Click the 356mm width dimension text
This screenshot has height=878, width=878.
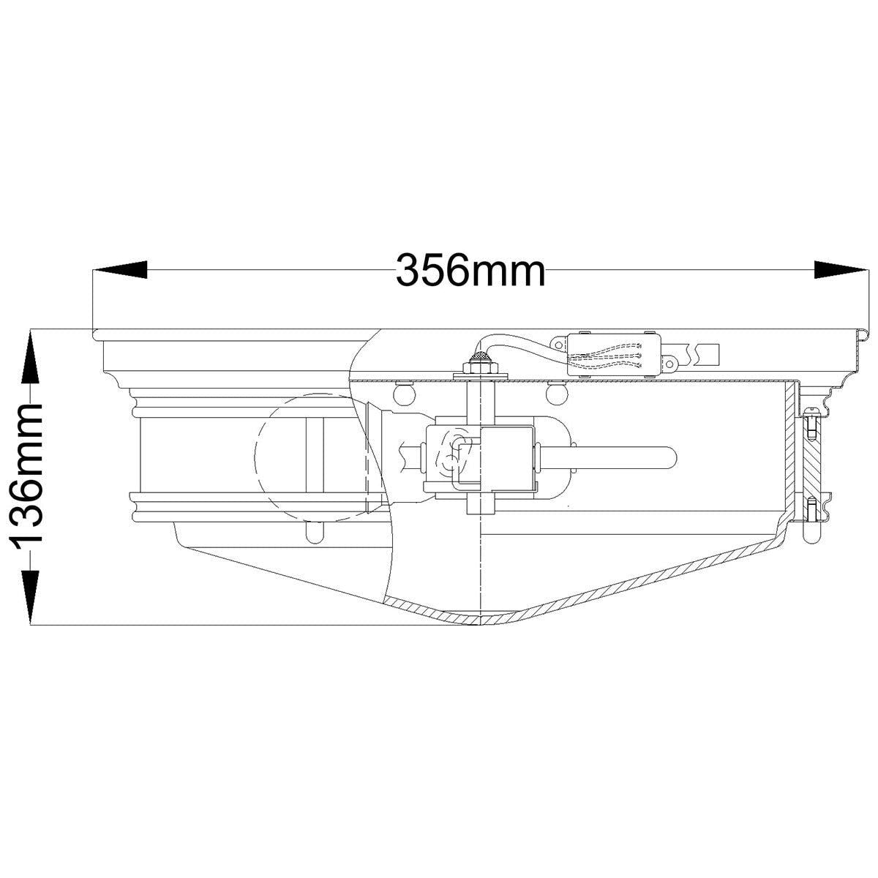coord(470,270)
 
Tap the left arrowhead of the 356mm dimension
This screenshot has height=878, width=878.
coord(120,269)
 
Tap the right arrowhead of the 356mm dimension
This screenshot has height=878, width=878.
coord(840,269)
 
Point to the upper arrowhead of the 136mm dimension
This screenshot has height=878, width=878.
coord(30,358)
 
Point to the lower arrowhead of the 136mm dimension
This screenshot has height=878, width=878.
coord(30,596)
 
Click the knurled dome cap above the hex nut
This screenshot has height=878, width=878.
coord(480,356)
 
